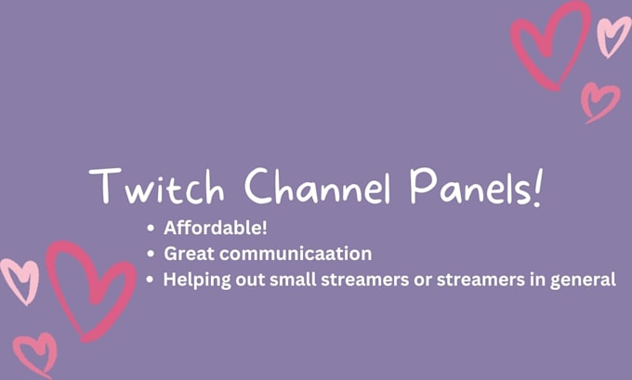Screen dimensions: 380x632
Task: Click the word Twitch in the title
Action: (159, 188)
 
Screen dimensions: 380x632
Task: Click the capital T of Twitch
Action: (105, 188)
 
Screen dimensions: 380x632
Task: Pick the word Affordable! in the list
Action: (216, 229)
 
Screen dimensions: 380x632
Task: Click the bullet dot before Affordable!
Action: (151, 229)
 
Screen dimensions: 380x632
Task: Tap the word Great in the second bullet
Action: (187, 254)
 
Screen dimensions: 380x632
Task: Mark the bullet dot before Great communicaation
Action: (151, 254)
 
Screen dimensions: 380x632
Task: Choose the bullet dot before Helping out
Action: (151, 279)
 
